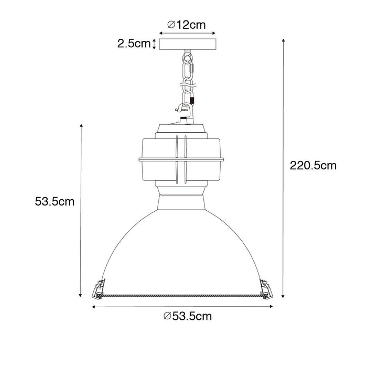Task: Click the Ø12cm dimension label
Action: pyautogui.click(x=186, y=24)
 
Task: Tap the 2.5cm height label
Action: pyautogui.click(x=133, y=44)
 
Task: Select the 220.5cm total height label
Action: pyautogui.click(x=313, y=166)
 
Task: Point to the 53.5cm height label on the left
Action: pyautogui.click(x=54, y=201)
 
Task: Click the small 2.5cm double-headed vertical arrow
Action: pyautogui.click(x=154, y=44)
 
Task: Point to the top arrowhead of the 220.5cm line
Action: pyautogui.click(x=284, y=40)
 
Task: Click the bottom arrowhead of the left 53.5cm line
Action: pyautogui.click(x=81, y=295)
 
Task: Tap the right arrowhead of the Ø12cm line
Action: pyautogui.click(x=203, y=32)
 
